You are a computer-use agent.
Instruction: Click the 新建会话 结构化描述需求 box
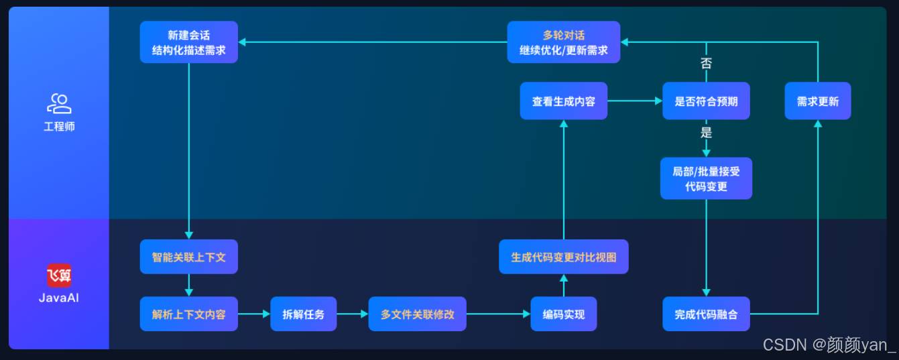point(188,42)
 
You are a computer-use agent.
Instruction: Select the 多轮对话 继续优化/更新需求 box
point(563,42)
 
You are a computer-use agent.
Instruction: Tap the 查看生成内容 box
point(563,101)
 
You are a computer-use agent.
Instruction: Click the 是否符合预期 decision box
point(705,101)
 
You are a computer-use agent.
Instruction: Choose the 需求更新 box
point(817,101)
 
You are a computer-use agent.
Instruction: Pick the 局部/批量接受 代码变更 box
point(705,178)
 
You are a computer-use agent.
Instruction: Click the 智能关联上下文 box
point(188,257)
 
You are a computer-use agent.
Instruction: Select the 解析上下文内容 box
point(188,314)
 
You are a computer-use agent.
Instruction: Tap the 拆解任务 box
point(303,314)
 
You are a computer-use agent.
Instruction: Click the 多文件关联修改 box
point(417,314)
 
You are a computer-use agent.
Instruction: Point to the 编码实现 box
point(563,314)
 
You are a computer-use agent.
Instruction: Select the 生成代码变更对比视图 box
point(563,257)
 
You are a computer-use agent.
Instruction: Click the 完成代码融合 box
point(705,314)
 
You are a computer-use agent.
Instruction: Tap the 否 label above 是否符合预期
point(706,64)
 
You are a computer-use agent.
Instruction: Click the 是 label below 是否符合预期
point(706,132)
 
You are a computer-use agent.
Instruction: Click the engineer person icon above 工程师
point(59,103)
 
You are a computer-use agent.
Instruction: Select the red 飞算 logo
point(59,276)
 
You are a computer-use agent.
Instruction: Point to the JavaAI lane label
point(59,298)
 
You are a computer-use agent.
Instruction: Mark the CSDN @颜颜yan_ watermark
point(829,345)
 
